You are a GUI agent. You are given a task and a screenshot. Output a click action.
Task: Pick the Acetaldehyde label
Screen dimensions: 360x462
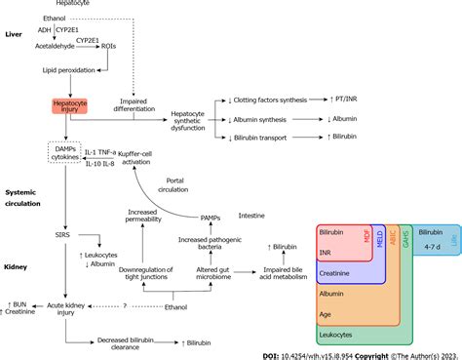57,44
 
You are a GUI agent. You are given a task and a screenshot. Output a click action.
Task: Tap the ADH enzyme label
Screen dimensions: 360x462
45,31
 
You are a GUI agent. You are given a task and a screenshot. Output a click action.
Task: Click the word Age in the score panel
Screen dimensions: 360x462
327,316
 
